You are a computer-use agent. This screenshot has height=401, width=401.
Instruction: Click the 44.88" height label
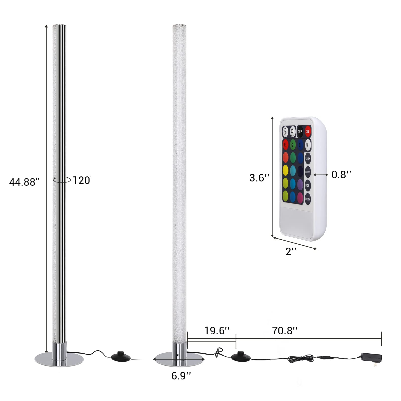click(24, 182)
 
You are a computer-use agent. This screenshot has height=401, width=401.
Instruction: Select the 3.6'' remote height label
click(259, 178)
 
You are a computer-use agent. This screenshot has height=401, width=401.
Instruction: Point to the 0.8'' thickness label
click(341, 175)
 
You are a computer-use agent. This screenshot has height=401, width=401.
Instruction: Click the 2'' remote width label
click(291, 251)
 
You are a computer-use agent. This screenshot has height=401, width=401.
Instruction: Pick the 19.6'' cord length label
click(217, 331)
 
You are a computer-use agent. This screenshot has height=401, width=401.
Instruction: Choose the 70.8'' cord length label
click(285, 331)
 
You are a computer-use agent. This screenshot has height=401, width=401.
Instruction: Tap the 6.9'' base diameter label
click(181, 376)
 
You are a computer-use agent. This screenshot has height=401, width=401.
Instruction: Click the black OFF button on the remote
click(300, 132)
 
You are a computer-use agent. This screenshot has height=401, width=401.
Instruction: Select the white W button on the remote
click(308, 145)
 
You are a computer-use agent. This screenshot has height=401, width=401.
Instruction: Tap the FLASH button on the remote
click(308, 159)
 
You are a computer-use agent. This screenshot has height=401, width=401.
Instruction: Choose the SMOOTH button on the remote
click(308, 199)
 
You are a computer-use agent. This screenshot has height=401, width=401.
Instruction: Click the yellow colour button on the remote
click(285, 171)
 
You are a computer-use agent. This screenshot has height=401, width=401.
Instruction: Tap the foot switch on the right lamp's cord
click(241, 356)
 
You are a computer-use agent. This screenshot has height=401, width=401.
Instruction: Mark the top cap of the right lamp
click(179, 26)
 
